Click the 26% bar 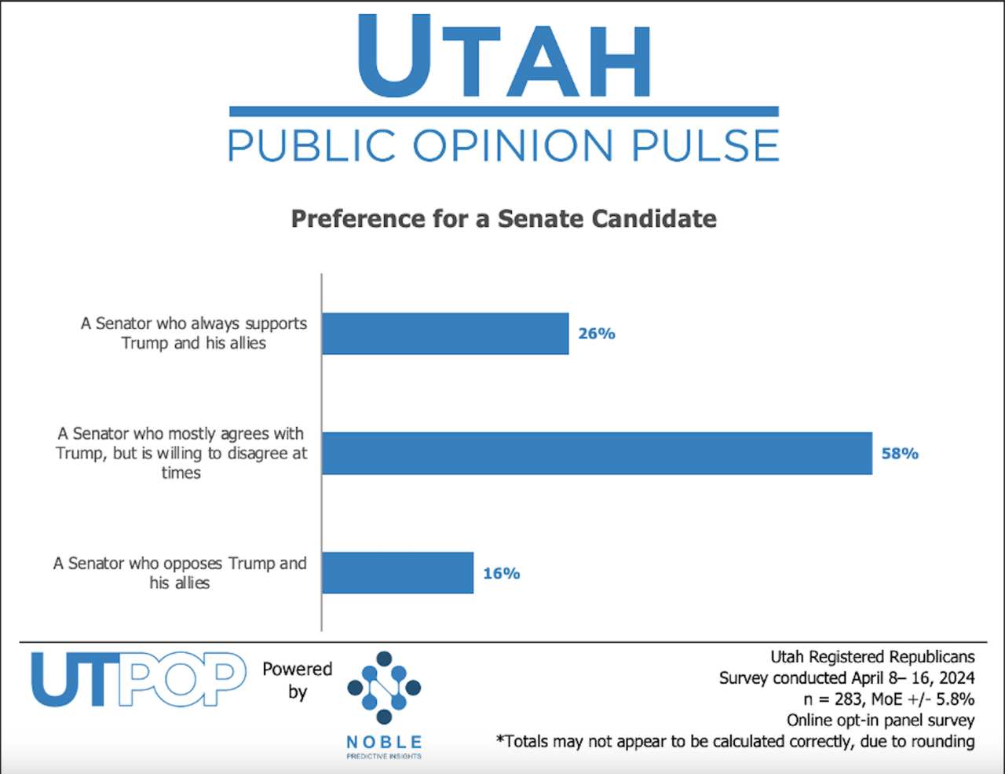[x=445, y=334]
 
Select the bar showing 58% [x=597, y=453]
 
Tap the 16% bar [x=397, y=573]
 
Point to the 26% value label [x=597, y=334]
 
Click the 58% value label [x=900, y=454]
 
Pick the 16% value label [x=502, y=574]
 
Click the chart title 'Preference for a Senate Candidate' [x=503, y=218]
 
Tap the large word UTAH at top [x=503, y=57]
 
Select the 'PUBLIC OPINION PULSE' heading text [x=503, y=146]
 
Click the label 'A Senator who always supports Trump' [x=194, y=333]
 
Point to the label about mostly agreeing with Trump [x=181, y=453]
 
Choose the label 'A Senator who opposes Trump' [x=180, y=573]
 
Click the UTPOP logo [x=138, y=680]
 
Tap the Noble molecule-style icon [x=384, y=688]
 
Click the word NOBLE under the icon [x=384, y=742]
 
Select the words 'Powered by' [x=297, y=680]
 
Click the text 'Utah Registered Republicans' [x=872, y=657]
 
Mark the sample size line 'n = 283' [x=889, y=699]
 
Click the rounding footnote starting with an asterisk [x=735, y=741]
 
